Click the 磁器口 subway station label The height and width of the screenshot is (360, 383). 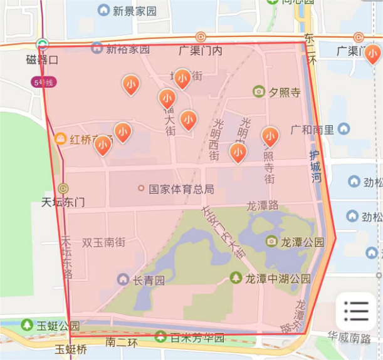[x=42, y=60]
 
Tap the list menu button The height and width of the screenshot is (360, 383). [x=359, y=311]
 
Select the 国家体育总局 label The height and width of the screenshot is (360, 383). [x=181, y=188]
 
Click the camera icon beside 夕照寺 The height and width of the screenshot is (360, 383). [x=259, y=92]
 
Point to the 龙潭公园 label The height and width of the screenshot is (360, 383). [x=302, y=242]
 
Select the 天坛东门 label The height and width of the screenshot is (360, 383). [x=62, y=202]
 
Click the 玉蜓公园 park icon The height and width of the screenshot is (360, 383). [x=27, y=325]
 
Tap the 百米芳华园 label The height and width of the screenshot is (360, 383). [x=197, y=338]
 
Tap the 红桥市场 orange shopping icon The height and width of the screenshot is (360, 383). [x=61, y=139]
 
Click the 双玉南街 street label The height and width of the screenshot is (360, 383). [x=104, y=242]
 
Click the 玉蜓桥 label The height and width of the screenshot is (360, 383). [x=70, y=349]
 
